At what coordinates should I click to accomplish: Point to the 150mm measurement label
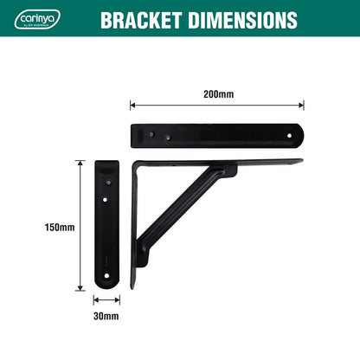(59, 228)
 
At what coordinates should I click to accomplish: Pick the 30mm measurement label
(106, 316)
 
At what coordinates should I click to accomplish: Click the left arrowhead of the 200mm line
(132, 106)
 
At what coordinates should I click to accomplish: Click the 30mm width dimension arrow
(106, 300)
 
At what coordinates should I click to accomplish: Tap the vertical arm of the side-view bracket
(133, 234)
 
